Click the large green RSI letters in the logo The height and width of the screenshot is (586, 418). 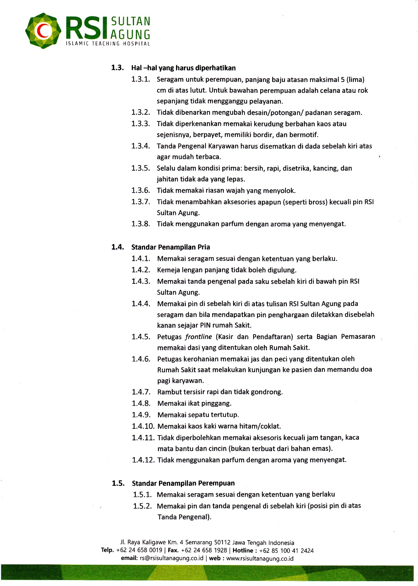[x=84, y=28]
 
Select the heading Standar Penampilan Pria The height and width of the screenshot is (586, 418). [x=170, y=247]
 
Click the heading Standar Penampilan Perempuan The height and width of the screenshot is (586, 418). [x=183, y=483]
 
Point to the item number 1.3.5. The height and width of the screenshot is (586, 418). [x=140, y=168]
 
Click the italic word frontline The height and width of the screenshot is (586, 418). [x=198, y=337]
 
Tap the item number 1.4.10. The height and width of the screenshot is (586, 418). [x=143, y=426]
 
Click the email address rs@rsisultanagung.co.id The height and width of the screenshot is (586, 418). [x=172, y=558]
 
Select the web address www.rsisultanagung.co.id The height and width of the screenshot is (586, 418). [x=260, y=558]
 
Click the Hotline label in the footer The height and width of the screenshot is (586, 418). [x=243, y=551]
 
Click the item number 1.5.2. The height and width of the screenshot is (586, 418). [x=142, y=506]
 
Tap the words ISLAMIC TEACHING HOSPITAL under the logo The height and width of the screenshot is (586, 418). [x=108, y=44]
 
